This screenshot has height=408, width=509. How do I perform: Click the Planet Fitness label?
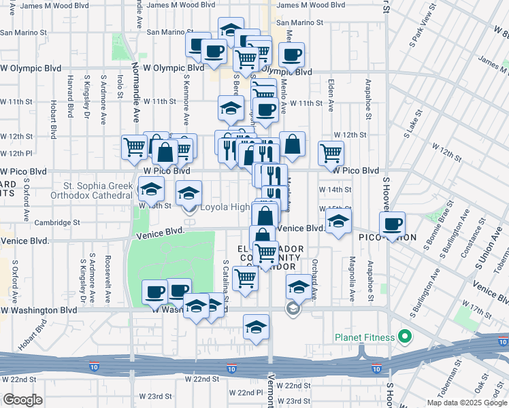pos(365,337)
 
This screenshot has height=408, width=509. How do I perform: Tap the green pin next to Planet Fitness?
pos(404,337)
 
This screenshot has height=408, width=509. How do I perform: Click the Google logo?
pos(22,400)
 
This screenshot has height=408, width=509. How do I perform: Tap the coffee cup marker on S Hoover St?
pos(392,224)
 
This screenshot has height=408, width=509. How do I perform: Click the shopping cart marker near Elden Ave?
pos(331,153)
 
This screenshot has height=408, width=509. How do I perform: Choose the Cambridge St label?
pos(58,222)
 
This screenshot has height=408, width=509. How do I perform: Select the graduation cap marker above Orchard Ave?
pos(298,287)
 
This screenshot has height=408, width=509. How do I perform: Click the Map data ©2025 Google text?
pos(466,403)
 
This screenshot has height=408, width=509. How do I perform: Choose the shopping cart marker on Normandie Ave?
pos(135,147)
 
